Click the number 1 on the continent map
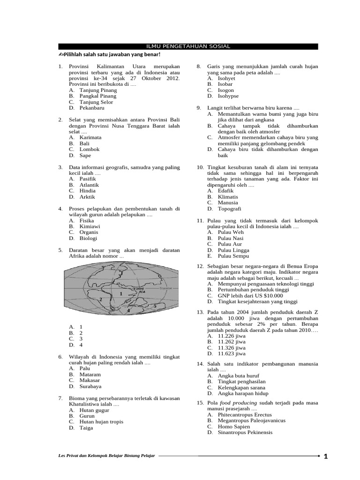click(121, 294)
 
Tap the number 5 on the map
click(155, 306)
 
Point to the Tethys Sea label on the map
click(137, 289)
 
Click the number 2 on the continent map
click(101, 299)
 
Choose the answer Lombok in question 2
click(90, 150)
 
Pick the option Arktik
click(87, 197)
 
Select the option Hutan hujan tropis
click(101, 422)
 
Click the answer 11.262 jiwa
click(232, 342)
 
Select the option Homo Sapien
click(235, 427)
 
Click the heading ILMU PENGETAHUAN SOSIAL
click(188, 46)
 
